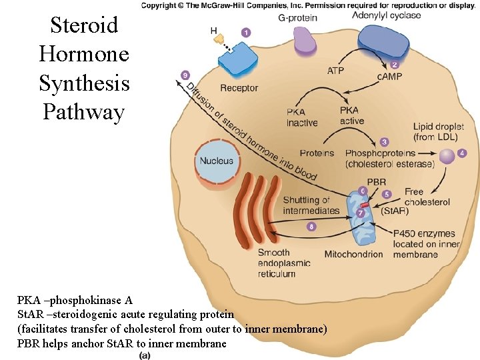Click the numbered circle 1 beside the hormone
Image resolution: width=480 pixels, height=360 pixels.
pos(246,32)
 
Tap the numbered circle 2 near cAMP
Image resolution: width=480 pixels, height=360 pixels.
pos(395,65)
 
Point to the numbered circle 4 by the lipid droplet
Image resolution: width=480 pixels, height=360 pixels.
pos(462,153)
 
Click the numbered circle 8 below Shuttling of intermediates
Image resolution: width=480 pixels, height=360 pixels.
pos(311,227)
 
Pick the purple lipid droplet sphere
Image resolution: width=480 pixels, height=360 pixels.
pos(446,156)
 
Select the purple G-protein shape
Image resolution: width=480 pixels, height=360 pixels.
pos(304,41)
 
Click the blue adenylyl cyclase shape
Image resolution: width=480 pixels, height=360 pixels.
pos(383,41)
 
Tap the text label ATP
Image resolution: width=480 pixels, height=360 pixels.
pos(337,71)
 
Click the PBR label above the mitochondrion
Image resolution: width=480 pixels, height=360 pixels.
pos(376,181)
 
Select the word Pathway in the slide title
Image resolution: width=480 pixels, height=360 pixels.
pos(83,112)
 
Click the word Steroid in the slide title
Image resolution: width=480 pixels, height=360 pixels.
pos(84,25)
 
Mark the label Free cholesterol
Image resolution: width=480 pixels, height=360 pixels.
pos(427,197)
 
